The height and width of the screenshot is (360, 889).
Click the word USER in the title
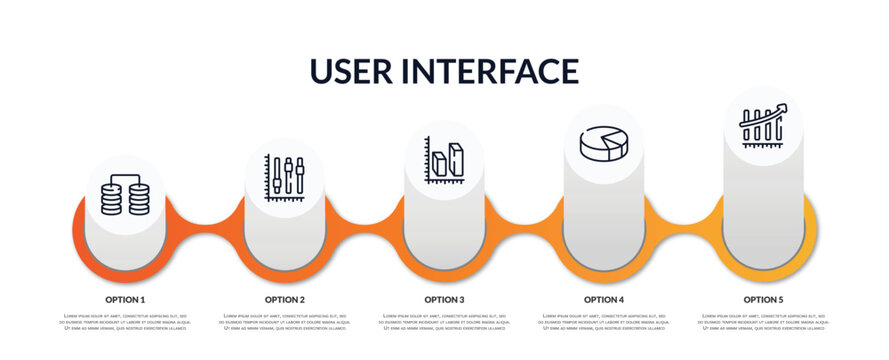tap(355, 71)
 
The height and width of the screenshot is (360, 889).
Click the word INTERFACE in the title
tap(492, 71)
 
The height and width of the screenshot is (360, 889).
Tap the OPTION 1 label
tap(125, 299)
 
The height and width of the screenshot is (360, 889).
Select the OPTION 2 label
tap(285, 299)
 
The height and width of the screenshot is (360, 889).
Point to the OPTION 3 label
tap(444, 299)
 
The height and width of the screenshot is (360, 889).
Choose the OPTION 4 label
tap(604, 299)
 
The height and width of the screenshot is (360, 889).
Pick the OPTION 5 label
tap(763, 299)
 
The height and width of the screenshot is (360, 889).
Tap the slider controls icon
tap(285, 179)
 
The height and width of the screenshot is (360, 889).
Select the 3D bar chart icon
tap(444, 161)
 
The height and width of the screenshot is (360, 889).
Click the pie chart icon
tap(604, 143)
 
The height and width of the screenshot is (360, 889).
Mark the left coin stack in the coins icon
tap(112, 197)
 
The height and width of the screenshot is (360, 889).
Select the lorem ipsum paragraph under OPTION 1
tap(125, 323)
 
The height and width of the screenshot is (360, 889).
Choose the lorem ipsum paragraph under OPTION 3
tap(444, 323)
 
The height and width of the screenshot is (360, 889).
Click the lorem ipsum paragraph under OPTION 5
tap(763, 323)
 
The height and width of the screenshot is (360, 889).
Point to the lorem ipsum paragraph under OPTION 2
tap(285, 323)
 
